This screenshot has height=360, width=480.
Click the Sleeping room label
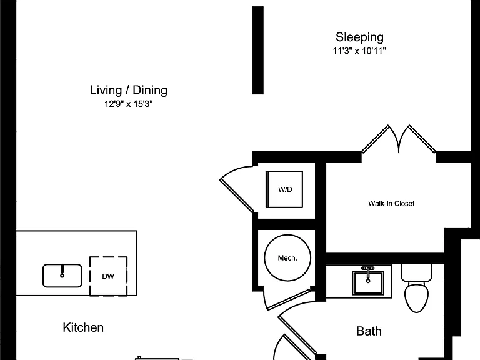click(359, 37)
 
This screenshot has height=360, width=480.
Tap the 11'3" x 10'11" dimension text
click(359, 51)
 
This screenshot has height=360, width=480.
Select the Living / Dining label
click(129, 90)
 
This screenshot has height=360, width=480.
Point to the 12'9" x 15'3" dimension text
click(129, 104)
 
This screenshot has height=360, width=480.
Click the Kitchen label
click(83, 327)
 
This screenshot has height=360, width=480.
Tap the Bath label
click(369, 331)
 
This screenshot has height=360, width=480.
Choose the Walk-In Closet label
click(391, 204)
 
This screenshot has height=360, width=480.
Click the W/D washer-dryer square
click(284, 189)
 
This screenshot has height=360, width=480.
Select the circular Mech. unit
click(287, 257)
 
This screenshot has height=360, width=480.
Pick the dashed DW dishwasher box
click(108, 276)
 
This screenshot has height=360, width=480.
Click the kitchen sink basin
click(62, 276)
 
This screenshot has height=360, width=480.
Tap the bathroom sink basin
click(368, 282)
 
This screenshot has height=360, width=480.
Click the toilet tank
click(416, 272)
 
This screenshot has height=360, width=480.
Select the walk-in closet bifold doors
click(399, 139)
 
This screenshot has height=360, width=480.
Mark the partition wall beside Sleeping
click(257, 50)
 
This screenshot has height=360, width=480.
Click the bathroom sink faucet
click(368, 269)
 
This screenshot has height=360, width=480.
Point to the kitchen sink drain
click(62, 276)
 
